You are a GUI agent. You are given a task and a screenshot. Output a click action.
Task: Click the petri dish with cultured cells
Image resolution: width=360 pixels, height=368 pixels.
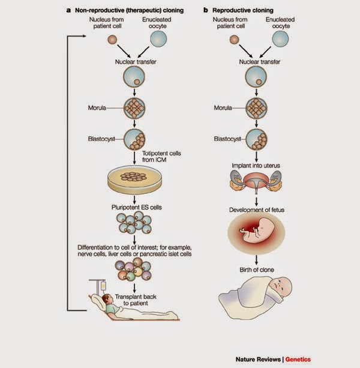coord(134,179)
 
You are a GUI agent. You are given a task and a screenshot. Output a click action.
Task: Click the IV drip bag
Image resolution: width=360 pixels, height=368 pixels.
coord(103,286)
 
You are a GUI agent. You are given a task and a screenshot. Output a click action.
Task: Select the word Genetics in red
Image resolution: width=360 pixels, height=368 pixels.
coord(298,360)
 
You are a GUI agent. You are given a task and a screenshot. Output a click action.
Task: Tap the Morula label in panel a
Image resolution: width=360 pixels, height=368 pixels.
coord(97,107)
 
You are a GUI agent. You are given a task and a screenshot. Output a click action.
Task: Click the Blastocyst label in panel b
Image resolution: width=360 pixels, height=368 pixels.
coord(227,139)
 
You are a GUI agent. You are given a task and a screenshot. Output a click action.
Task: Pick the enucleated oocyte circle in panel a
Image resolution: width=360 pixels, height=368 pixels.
coord(158,38)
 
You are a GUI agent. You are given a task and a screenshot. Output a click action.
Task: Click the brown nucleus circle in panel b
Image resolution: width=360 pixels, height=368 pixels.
coord(234,40)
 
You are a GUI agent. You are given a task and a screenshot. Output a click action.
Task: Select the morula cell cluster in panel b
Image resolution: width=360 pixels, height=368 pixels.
coord(256,108)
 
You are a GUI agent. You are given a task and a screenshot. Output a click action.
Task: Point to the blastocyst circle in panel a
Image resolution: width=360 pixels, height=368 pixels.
coord(134,139)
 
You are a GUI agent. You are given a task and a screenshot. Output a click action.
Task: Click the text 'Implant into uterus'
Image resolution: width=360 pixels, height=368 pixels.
coord(256,166)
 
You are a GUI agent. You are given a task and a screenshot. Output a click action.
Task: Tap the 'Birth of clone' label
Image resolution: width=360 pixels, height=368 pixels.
coord(257,270)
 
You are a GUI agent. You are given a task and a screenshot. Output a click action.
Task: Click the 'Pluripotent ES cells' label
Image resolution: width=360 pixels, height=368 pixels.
coord(136,207)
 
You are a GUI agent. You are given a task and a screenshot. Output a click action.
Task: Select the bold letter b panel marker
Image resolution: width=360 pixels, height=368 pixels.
coord(206,10)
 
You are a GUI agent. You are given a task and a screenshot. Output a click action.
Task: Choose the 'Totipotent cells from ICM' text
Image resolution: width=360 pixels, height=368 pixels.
coord(161,157)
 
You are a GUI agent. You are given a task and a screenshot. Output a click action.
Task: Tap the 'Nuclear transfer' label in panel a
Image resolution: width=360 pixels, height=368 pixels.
coord(136,62)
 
